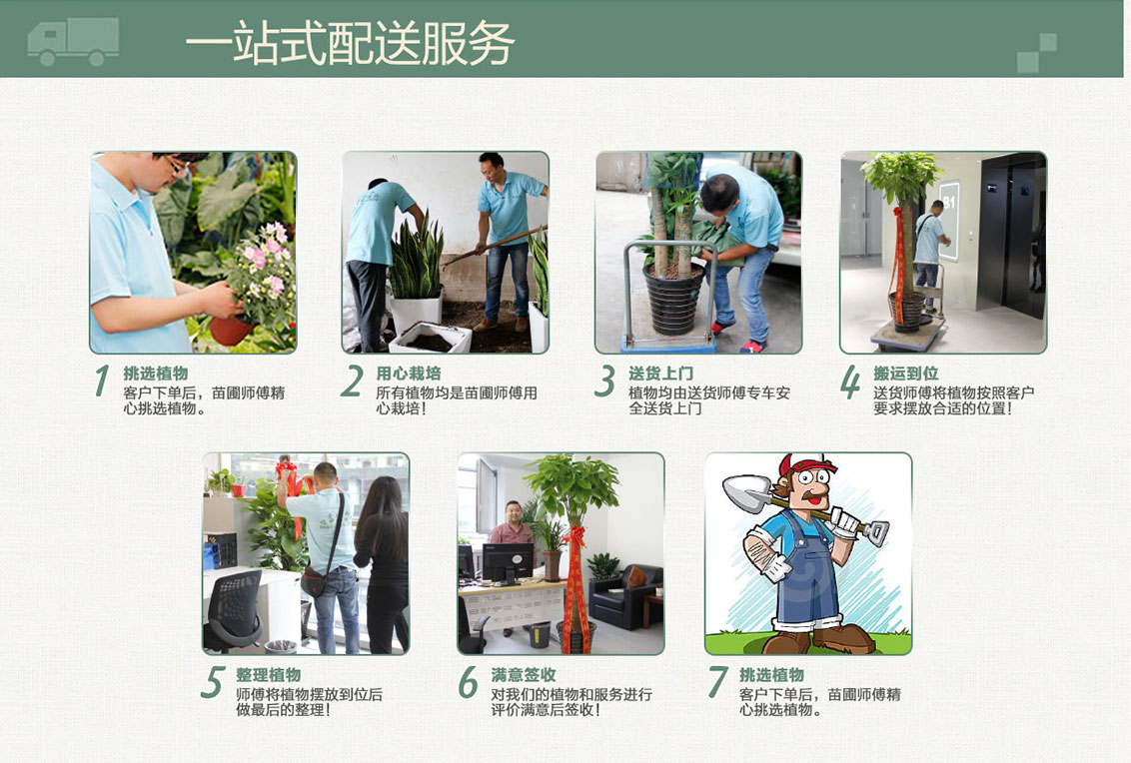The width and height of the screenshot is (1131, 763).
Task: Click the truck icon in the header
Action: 72,41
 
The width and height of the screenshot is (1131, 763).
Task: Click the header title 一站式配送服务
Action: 349,43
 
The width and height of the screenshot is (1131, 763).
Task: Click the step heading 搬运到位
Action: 905,373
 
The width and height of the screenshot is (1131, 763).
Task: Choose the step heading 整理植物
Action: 268,674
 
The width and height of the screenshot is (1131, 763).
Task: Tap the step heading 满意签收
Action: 524,674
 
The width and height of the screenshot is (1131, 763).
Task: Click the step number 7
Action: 717,682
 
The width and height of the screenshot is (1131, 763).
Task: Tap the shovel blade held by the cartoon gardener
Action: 744,492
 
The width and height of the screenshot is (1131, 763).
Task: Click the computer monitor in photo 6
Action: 507,561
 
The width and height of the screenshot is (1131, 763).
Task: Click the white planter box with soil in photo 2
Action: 431,338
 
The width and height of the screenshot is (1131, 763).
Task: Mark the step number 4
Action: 850,381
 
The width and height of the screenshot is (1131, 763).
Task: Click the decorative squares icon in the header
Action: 1036,53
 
